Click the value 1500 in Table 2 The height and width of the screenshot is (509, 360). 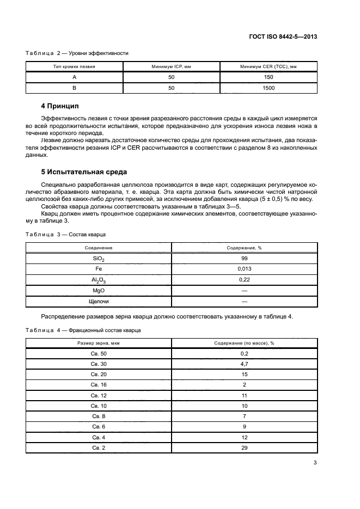pyautogui.click(x=268, y=87)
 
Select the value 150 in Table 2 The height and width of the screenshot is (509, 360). pyautogui.click(x=268, y=77)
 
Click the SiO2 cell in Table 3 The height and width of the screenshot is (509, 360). pyautogui.click(x=99, y=259)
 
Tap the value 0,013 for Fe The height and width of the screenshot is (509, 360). pyautogui.click(x=244, y=268)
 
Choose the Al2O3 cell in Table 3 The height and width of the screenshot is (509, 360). pyautogui.click(x=99, y=279)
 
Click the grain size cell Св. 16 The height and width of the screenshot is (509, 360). pyautogui.click(x=99, y=384)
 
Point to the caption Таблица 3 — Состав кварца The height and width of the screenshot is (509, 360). pyautogui.click(x=66, y=234)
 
